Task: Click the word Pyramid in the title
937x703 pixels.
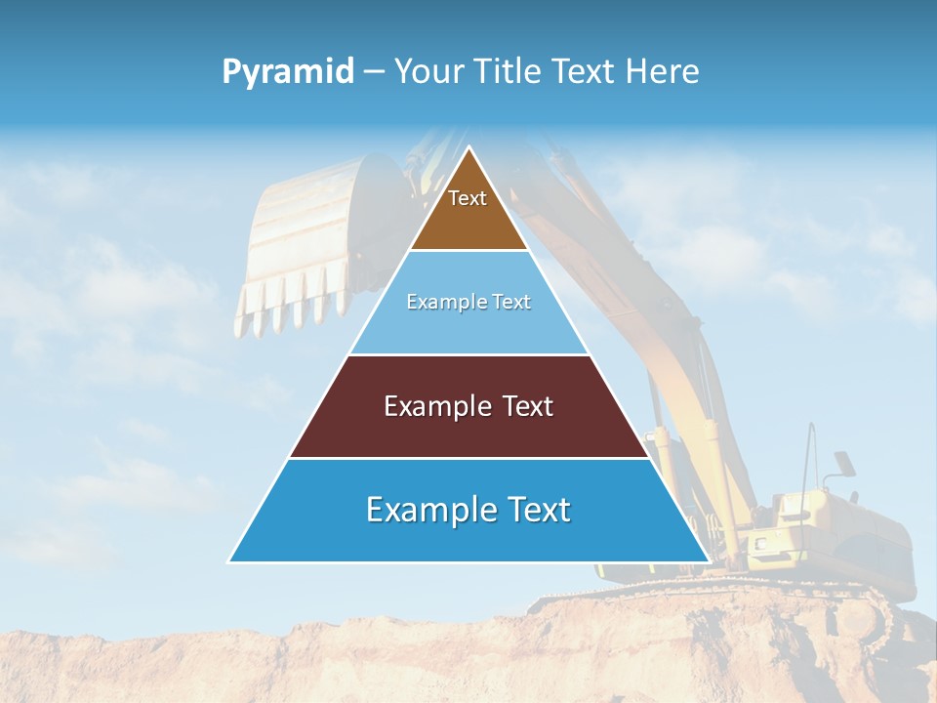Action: pos(287,72)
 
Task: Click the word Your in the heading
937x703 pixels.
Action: pos(427,71)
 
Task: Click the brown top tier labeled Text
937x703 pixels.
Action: pos(468,210)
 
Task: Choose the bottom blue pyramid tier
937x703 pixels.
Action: pos(468,527)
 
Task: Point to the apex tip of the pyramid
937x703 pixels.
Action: pos(468,149)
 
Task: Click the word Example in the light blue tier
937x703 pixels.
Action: pos(438,303)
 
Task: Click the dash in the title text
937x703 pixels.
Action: pos(374,72)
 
